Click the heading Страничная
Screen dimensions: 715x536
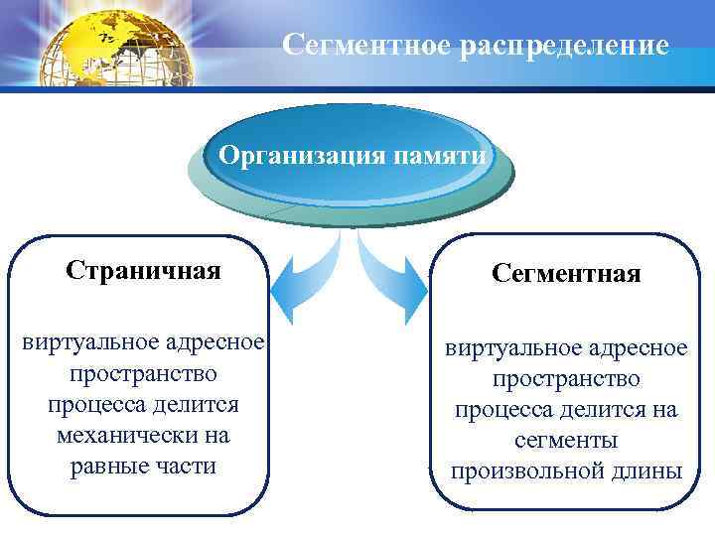coord(143,270)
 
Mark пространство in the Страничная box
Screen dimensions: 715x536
coord(143,373)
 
